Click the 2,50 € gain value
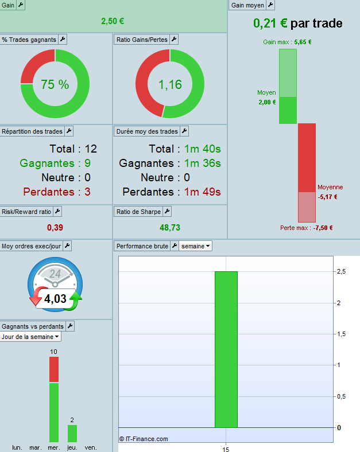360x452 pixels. click(x=113, y=21)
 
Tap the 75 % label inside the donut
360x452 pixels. click(x=55, y=84)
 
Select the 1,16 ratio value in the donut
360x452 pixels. click(x=170, y=84)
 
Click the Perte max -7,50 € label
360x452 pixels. click(x=306, y=228)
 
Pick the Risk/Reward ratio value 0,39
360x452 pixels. click(x=55, y=228)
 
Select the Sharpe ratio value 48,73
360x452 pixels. click(x=170, y=228)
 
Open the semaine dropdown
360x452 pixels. click(x=196, y=246)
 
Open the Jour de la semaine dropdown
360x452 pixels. click(x=31, y=337)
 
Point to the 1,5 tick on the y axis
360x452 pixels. click(x=341, y=334)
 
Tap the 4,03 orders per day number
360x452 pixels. click(x=56, y=298)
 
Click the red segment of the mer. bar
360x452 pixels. click(x=54, y=369)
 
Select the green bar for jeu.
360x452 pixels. click(x=72, y=433)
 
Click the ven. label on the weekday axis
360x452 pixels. click(x=91, y=447)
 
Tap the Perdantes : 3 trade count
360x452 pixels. click(x=56, y=192)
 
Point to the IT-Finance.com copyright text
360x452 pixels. click(x=144, y=439)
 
